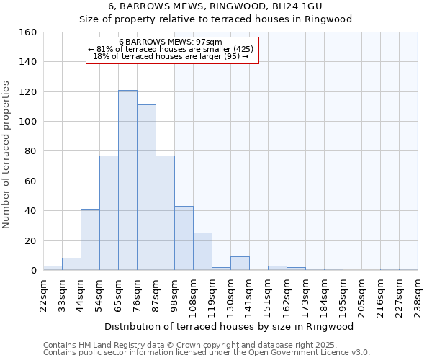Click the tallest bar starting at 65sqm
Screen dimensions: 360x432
127,180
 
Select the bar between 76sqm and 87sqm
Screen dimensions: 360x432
146,187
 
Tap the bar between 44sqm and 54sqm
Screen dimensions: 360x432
90,240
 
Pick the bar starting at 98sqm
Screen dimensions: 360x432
184,238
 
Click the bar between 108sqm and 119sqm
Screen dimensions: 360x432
202,251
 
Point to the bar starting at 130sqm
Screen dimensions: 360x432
240,264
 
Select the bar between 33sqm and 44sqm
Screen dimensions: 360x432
71,264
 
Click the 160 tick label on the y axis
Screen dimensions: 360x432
27,32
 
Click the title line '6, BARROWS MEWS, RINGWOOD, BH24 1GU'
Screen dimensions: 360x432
215,6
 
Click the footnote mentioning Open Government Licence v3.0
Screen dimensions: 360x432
206,353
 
